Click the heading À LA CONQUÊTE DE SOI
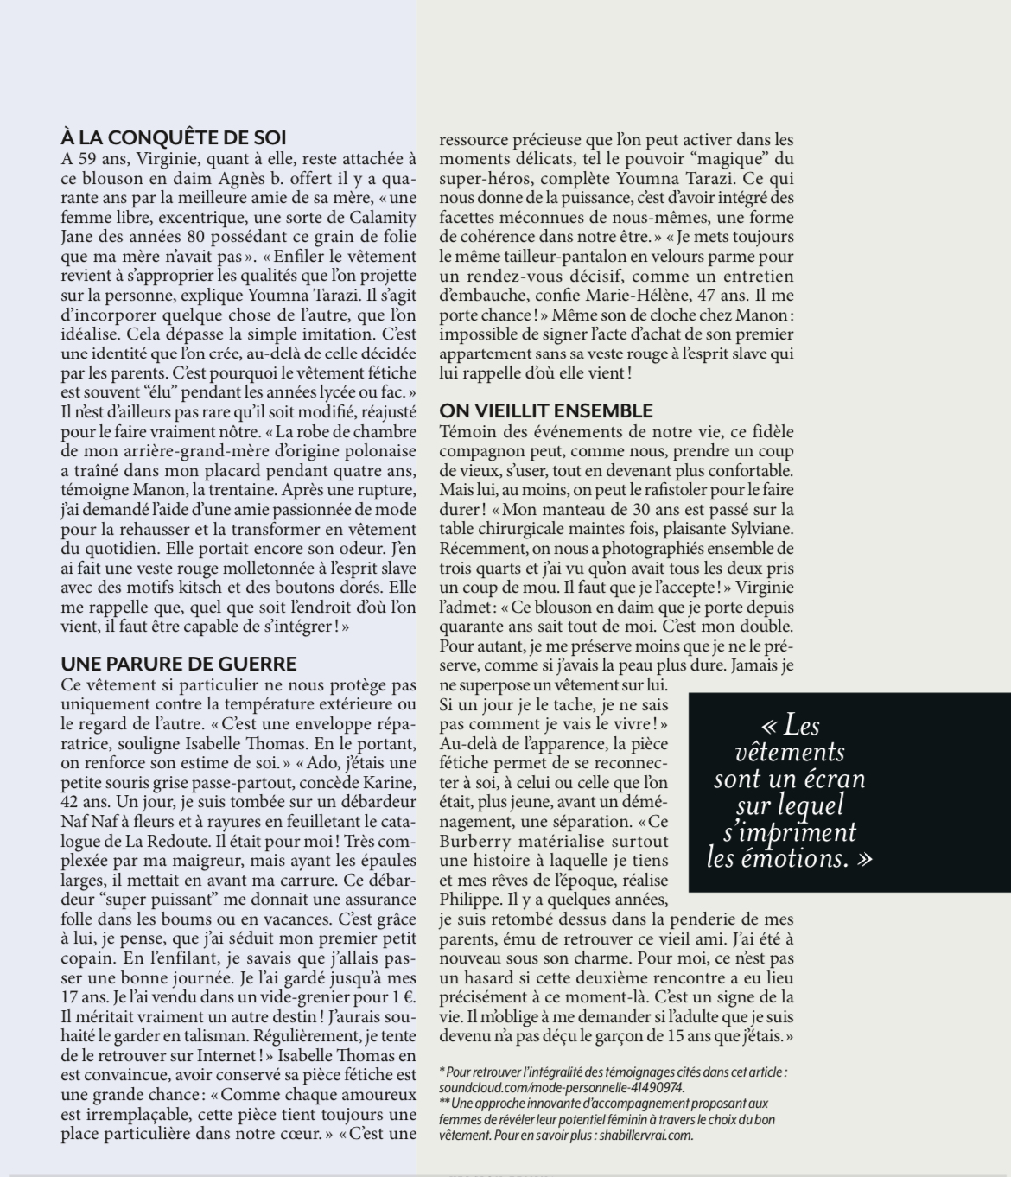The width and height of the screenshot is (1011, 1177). click(x=174, y=137)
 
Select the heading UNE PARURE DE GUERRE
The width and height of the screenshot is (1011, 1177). click(x=179, y=664)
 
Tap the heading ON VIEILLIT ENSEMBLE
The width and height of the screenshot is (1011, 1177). click(x=546, y=410)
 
